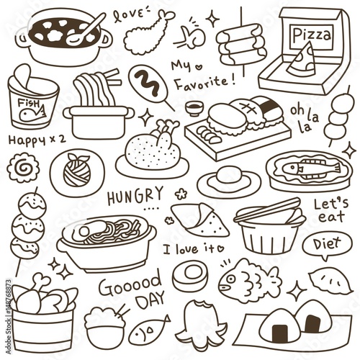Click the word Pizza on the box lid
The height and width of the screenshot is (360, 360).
[312, 35]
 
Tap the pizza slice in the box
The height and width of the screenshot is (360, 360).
[302, 60]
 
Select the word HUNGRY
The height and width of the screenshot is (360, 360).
[135, 197]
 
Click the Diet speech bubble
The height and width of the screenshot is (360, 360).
[327, 246]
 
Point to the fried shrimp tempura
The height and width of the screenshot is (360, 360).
[146, 32]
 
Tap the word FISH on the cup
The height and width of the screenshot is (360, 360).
[29, 104]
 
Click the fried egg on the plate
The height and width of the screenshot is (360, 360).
[228, 181]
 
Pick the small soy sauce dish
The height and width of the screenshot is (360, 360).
[194, 108]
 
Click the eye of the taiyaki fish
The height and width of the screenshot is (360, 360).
[230, 279]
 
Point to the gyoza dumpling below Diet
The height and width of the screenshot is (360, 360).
[330, 280]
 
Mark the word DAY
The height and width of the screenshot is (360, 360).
[151, 300]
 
